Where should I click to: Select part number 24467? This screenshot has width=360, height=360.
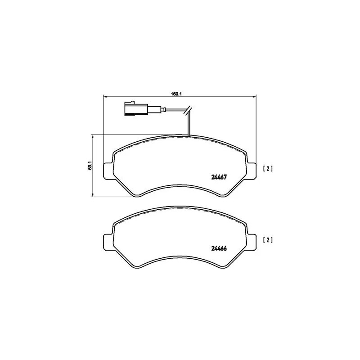(218, 177)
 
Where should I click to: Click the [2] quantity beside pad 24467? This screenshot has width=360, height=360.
(267, 169)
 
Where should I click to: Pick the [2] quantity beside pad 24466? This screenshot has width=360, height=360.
(267, 240)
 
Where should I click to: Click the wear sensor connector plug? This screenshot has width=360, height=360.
(134, 109)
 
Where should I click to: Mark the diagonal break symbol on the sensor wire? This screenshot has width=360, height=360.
(189, 109)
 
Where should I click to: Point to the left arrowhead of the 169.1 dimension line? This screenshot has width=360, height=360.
(106, 96)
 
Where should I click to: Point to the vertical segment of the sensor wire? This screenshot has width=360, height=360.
(189, 124)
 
